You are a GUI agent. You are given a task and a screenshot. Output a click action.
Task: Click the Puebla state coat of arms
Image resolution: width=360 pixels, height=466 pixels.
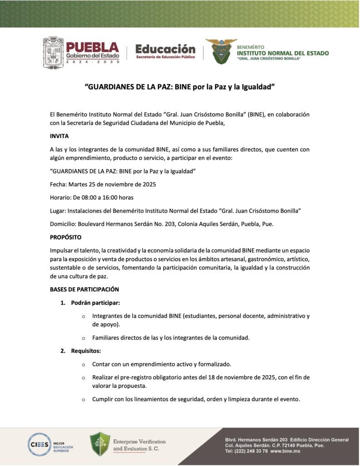[x=53, y=53]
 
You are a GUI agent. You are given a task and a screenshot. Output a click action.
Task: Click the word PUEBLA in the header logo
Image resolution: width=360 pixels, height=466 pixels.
[x=93, y=47]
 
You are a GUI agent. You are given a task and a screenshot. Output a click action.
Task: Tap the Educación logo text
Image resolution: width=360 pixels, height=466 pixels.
[x=165, y=49]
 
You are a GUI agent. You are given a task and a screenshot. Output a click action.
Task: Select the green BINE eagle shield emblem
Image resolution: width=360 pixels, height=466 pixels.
[x=221, y=51]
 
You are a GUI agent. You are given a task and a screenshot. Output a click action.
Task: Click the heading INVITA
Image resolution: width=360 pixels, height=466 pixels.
[x=59, y=136]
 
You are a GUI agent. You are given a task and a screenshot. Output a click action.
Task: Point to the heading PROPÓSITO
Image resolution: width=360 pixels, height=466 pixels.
[x=66, y=237]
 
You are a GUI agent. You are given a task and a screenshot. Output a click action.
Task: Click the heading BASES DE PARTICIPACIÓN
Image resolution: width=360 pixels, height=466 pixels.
[x=84, y=289]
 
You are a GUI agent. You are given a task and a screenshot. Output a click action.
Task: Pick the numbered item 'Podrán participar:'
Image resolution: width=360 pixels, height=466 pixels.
[x=96, y=303]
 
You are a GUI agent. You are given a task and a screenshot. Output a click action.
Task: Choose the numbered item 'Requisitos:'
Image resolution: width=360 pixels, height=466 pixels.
[x=86, y=351]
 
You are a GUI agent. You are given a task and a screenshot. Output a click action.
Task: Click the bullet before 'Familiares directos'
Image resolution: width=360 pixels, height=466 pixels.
[x=83, y=338]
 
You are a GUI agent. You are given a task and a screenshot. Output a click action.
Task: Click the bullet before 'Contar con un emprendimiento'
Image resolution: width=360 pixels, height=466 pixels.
[x=83, y=365]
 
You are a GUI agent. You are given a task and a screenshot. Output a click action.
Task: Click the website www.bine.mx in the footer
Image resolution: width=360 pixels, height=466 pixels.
[x=285, y=451]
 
